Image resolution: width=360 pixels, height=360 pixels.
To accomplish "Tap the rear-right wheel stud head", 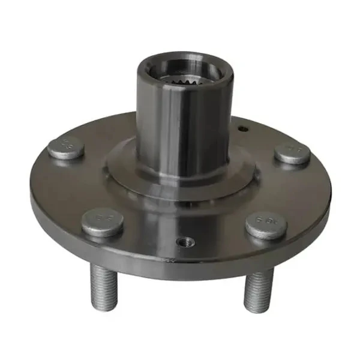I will (x=292, y=154).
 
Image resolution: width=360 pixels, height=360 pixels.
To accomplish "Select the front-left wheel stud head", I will (x=103, y=222).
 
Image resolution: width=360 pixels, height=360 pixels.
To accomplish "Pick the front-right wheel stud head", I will (x=266, y=225).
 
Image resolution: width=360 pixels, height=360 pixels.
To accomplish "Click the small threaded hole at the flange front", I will (x=185, y=242).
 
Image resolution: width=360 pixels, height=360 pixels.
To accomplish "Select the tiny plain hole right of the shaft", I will (x=242, y=128).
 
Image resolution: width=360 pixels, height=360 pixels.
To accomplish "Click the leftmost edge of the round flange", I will (x=31, y=192).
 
